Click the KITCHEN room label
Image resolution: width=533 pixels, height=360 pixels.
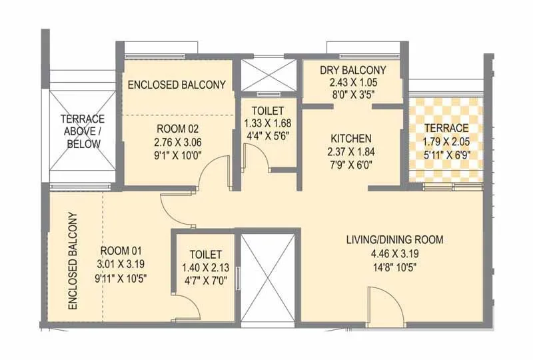pyautogui.click(x=351, y=139)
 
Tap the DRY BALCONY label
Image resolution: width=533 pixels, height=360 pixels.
pyautogui.click(x=353, y=70)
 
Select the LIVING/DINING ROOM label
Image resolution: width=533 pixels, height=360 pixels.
pyautogui.click(x=394, y=240)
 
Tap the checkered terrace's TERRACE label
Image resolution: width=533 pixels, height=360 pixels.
pyautogui.click(x=446, y=127)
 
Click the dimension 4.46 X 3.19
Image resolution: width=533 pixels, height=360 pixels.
pyautogui.click(x=394, y=253)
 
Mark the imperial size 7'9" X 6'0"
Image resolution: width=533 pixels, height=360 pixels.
pyautogui.click(x=351, y=164)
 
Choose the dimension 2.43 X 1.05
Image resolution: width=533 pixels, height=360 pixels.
pyautogui.click(x=353, y=82)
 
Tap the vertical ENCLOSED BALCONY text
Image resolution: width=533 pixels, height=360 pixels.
pyautogui.click(x=72, y=261)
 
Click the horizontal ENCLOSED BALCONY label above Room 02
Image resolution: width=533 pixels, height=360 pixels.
pyautogui.click(x=177, y=85)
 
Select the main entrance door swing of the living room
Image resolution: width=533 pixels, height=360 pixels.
pyautogui.click(x=385, y=307)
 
